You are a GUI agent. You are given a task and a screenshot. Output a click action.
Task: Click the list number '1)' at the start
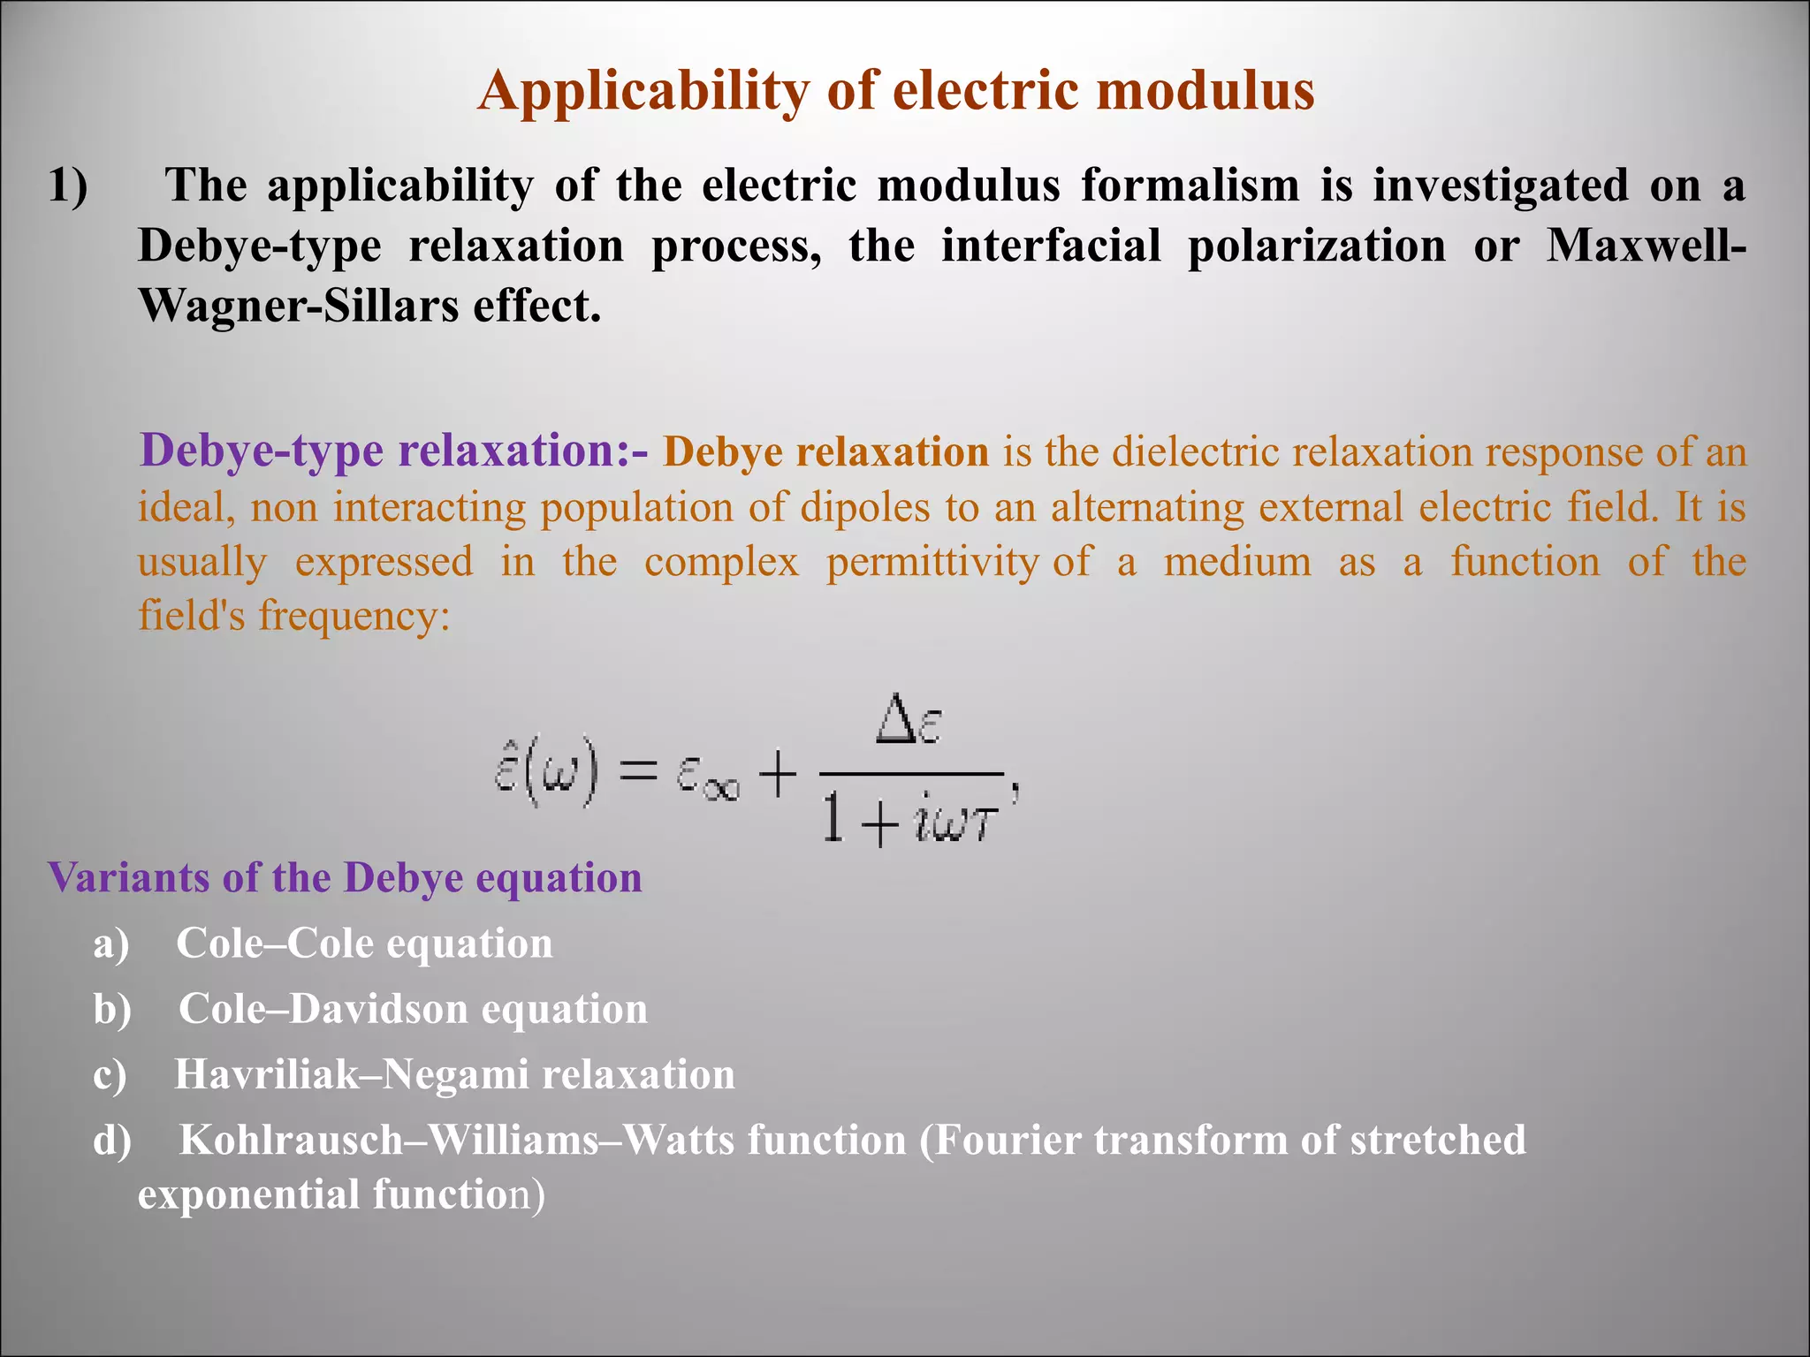[x=68, y=186]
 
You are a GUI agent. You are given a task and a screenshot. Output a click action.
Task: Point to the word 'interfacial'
[x=1051, y=246]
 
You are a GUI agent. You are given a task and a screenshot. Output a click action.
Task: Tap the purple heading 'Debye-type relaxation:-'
[x=393, y=451]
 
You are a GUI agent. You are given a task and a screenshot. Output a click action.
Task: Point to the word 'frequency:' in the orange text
[x=354, y=616]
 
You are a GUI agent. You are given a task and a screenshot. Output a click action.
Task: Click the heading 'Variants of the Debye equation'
[x=345, y=878]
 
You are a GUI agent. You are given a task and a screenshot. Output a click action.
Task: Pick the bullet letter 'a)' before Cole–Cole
[x=111, y=944]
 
